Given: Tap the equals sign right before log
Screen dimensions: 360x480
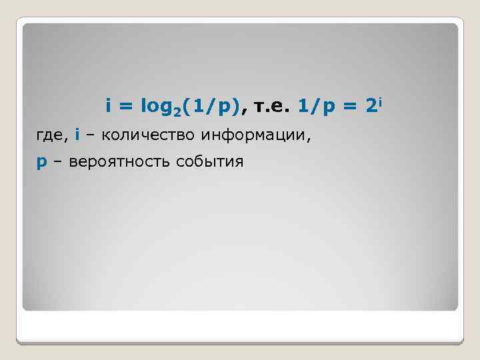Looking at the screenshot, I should pos(125,106).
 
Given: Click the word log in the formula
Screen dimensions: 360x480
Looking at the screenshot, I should pos(152,106).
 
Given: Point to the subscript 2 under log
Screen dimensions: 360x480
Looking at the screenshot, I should pos(177,111).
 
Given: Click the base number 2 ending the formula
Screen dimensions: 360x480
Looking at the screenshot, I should pos(372,105).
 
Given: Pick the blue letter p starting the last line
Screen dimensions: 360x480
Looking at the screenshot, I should pos(42,163).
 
